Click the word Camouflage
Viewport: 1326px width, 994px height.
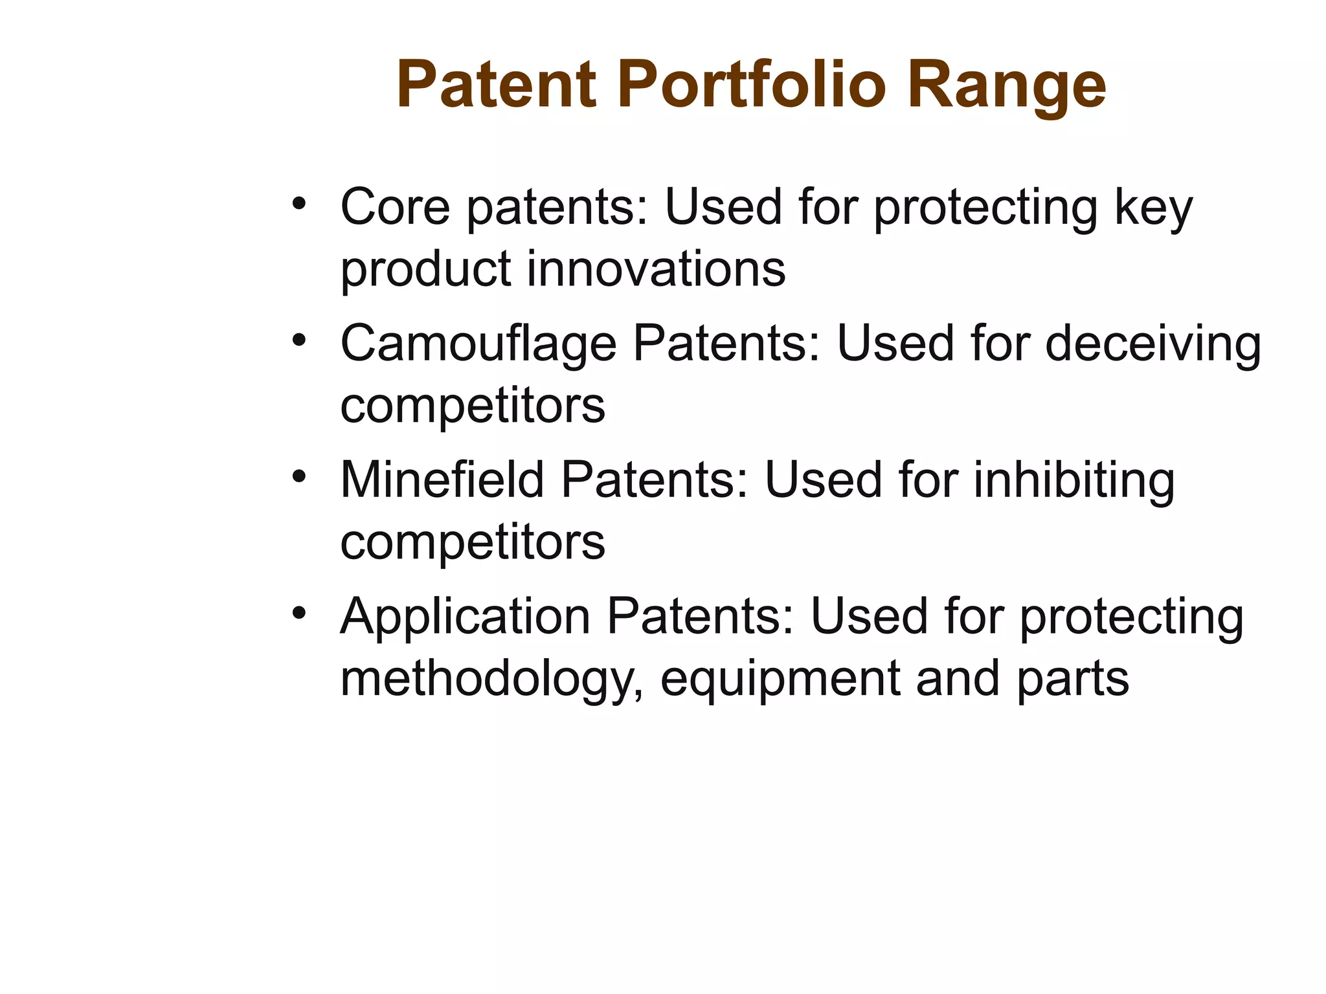pyautogui.click(x=478, y=344)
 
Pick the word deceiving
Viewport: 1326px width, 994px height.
pyautogui.click(x=1152, y=344)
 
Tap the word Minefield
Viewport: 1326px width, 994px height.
pyautogui.click(x=442, y=480)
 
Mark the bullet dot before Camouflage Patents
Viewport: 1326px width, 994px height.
pyautogui.click(x=298, y=340)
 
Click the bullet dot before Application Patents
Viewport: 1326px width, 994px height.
pyautogui.click(x=298, y=613)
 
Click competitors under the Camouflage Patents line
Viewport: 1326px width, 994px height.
pyautogui.click(x=473, y=406)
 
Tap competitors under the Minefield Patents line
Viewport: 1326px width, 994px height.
pyautogui.click(x=473, y=542)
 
